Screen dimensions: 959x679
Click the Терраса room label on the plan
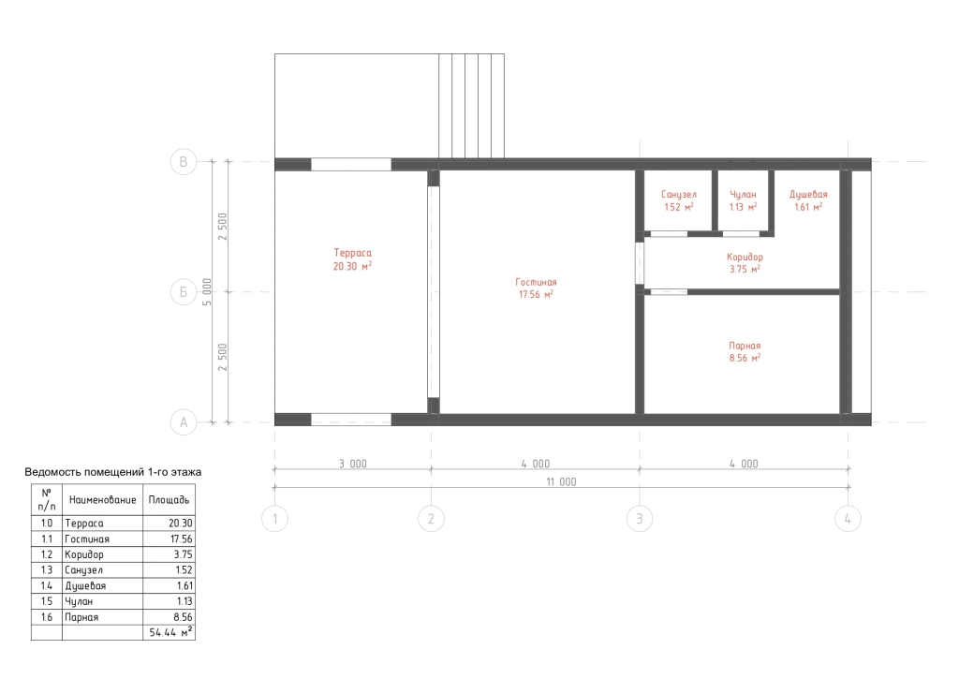[352, 253]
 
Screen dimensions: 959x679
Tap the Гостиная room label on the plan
[536, 282]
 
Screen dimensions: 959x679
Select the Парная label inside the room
[745, 346]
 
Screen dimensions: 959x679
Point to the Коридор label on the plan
[745, 257]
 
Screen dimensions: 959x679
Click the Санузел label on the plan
[678, 195]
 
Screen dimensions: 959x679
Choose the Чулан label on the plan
[743, 195]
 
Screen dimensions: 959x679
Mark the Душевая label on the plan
[808, 195]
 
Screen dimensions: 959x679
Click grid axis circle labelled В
[184, 162]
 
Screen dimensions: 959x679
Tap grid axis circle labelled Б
[184, 292]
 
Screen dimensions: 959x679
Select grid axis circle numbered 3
[640, 519]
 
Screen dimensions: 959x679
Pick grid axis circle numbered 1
[274, 519]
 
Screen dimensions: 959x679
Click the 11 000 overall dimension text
[561, 482]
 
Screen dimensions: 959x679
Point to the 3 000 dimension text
[353, 464]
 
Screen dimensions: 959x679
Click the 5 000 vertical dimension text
[207, 292]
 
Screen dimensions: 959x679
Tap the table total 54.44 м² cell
[170, 632]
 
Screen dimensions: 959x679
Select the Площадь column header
[169, 500]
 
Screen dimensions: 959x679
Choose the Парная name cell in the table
[81, 617]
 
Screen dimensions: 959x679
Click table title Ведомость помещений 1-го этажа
[112, 472]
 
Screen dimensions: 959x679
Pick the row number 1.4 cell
[47, 586]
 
